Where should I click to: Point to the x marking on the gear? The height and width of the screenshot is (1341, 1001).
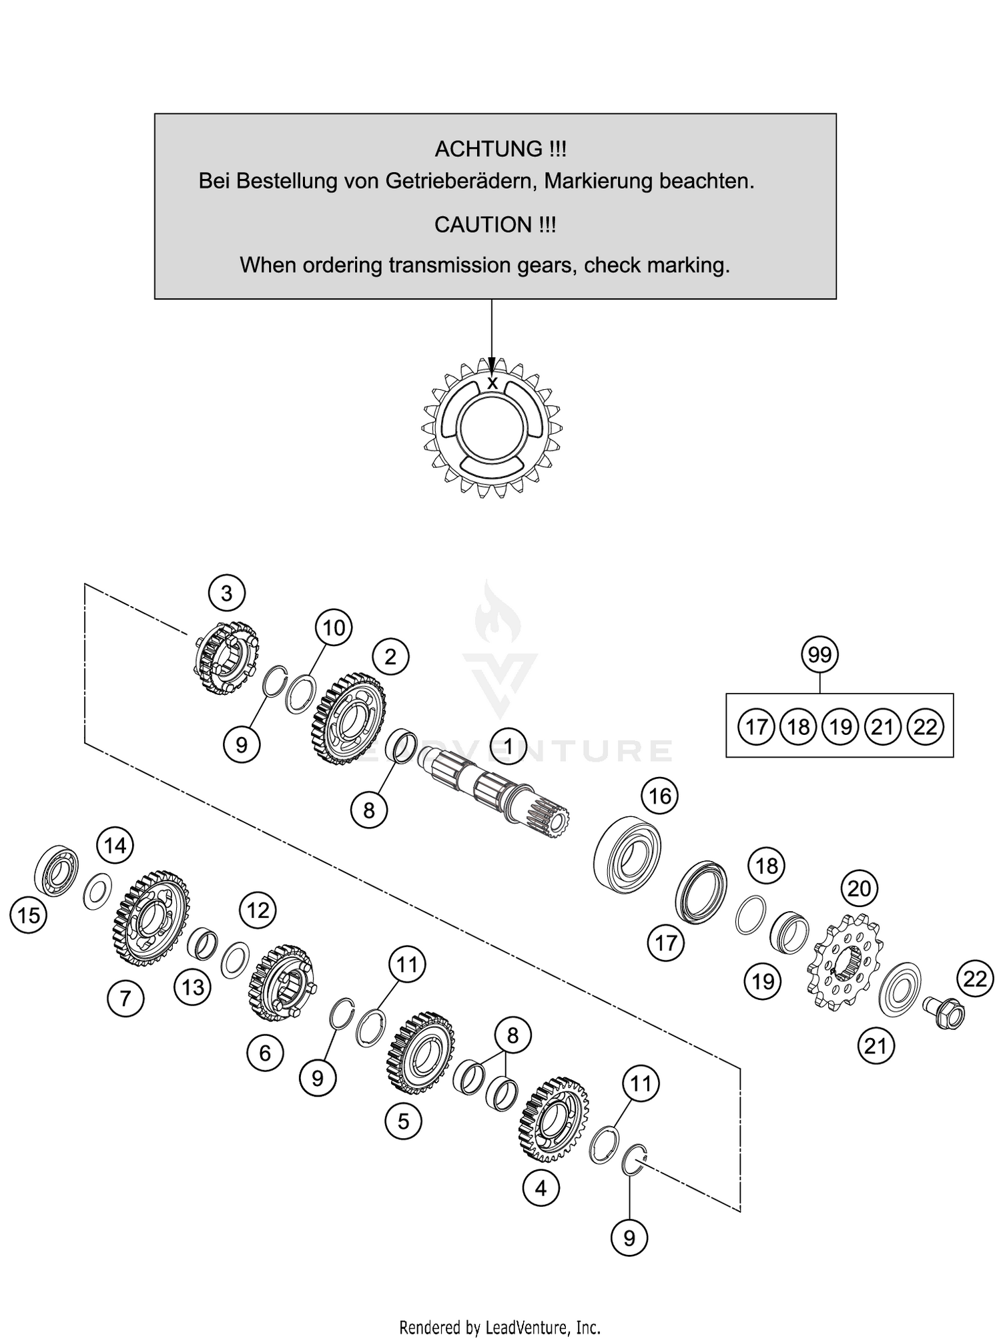[x=492, y=384]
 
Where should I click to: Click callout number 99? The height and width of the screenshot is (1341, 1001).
[x=819, y=654]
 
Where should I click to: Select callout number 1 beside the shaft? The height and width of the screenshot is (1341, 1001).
[x=509, y=746]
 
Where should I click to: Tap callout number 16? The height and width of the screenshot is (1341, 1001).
[x=660, y=796]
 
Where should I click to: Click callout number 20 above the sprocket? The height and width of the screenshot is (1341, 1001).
[x=859, y=888]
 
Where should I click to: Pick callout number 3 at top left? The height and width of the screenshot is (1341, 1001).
[x=226, y=592]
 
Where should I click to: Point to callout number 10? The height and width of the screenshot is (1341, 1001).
[x=334, y=627]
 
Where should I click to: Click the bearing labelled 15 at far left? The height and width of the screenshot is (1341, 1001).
[x=56, y=871]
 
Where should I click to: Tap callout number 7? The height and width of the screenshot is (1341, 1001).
[x=125, y=998]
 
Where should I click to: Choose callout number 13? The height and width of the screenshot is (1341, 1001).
[x=193, y=987]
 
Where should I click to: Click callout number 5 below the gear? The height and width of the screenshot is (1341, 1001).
[x=403, y=1121]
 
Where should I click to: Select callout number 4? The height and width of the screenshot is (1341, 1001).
[x=541, y=1187]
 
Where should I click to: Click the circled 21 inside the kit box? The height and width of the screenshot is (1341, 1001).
[x=882, y=726]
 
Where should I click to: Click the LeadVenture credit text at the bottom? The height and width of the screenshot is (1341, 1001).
[x=500, y=1326]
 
